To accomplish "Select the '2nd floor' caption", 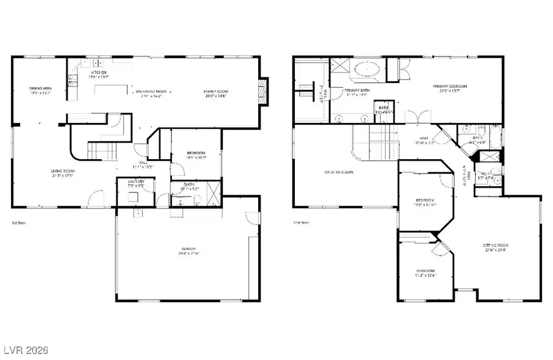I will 301,222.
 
